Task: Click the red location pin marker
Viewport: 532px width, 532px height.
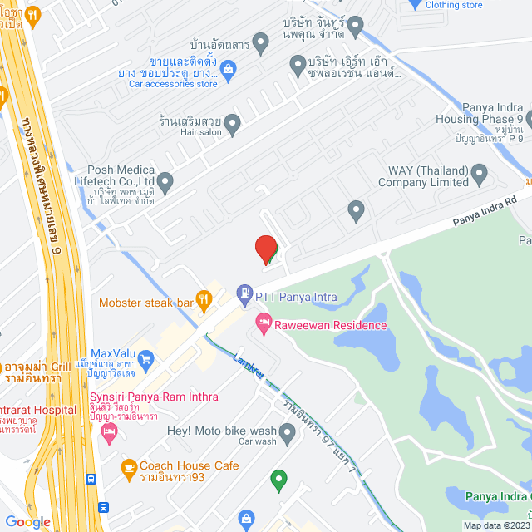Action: (x=265, y=249)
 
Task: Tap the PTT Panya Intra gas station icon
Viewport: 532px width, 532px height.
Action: (x=244, y=292)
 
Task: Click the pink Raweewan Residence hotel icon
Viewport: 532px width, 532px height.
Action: (x=263, y=321)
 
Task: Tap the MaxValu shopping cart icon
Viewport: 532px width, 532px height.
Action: (x=146, y=359)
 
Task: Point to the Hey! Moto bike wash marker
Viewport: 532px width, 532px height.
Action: (x=288, y=431)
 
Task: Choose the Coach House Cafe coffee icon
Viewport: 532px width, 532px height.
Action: (x=128, y=468)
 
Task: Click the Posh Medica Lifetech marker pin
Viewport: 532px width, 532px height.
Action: (x=165, y=180)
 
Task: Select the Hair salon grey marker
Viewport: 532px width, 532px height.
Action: (x=233, y=125)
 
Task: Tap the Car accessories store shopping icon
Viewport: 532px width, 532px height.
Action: (x=229, y=69)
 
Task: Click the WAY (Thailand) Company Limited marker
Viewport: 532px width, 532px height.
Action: (x=478, y=175)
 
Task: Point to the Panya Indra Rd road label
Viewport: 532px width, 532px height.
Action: (x=485, y=213)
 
